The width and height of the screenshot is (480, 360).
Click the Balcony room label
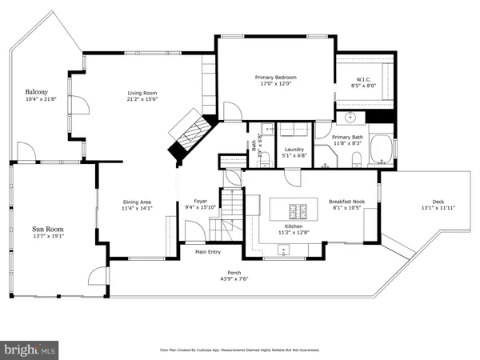(x=36, y=92)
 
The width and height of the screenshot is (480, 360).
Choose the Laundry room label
(x=293, y=150)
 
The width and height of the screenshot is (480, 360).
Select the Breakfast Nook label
(x=346, y=202)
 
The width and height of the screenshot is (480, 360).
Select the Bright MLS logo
(x=30, y=350)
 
